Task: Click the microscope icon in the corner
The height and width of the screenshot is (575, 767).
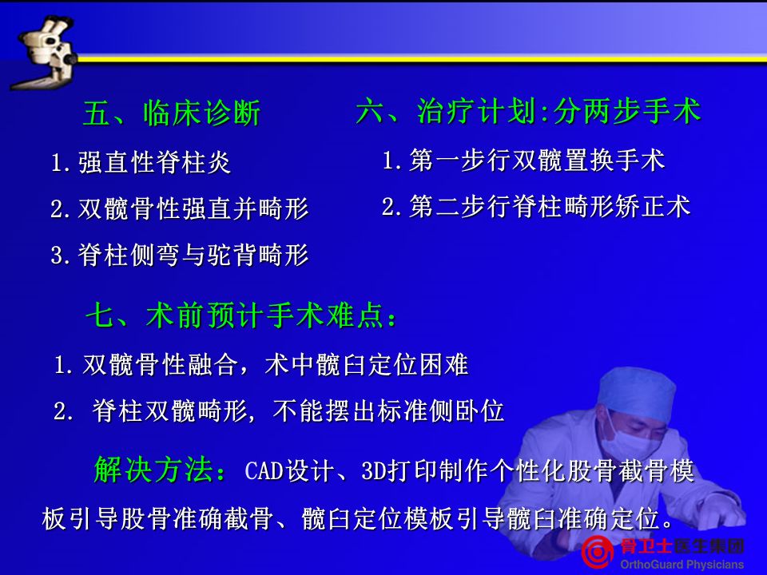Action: [x=46, y=53]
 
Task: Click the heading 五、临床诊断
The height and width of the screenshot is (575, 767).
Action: [x=171, y=113]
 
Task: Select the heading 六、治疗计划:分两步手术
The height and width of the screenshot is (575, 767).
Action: [x=529, y=111]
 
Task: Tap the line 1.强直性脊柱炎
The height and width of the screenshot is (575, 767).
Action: [x=141, y=162]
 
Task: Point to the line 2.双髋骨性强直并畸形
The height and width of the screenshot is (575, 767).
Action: [x=180, y=208]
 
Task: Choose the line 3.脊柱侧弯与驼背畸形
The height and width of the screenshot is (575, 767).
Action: [x=180, y=255]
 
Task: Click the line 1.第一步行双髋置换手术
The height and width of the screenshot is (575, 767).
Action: [x=523, y=161]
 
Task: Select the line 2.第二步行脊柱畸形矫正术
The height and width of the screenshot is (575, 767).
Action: [x=536, y=206]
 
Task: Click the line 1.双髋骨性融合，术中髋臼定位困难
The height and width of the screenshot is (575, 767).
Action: [x=261, y=365]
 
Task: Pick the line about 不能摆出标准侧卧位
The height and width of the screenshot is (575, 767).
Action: [x=279, y=410]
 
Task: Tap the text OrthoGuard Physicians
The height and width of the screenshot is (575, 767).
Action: [x=682, y=565]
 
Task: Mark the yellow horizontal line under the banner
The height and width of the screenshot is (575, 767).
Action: [x=421, y=58]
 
